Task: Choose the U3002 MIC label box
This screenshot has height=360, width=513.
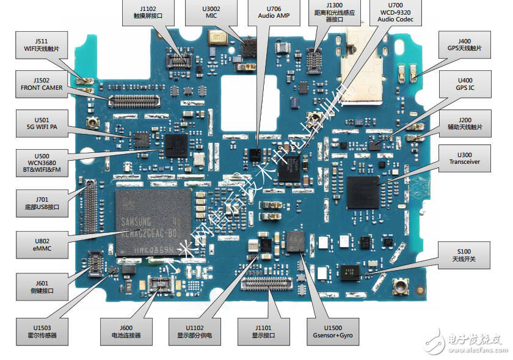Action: [x=211, y=13]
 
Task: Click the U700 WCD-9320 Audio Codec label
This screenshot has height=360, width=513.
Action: [x=395, y=13]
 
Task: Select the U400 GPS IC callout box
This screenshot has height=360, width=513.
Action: [x=465, y=84]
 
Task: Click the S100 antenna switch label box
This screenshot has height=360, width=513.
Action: [x=465, y=255]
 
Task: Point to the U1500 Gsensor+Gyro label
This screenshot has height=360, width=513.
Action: [x=333, y=331]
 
